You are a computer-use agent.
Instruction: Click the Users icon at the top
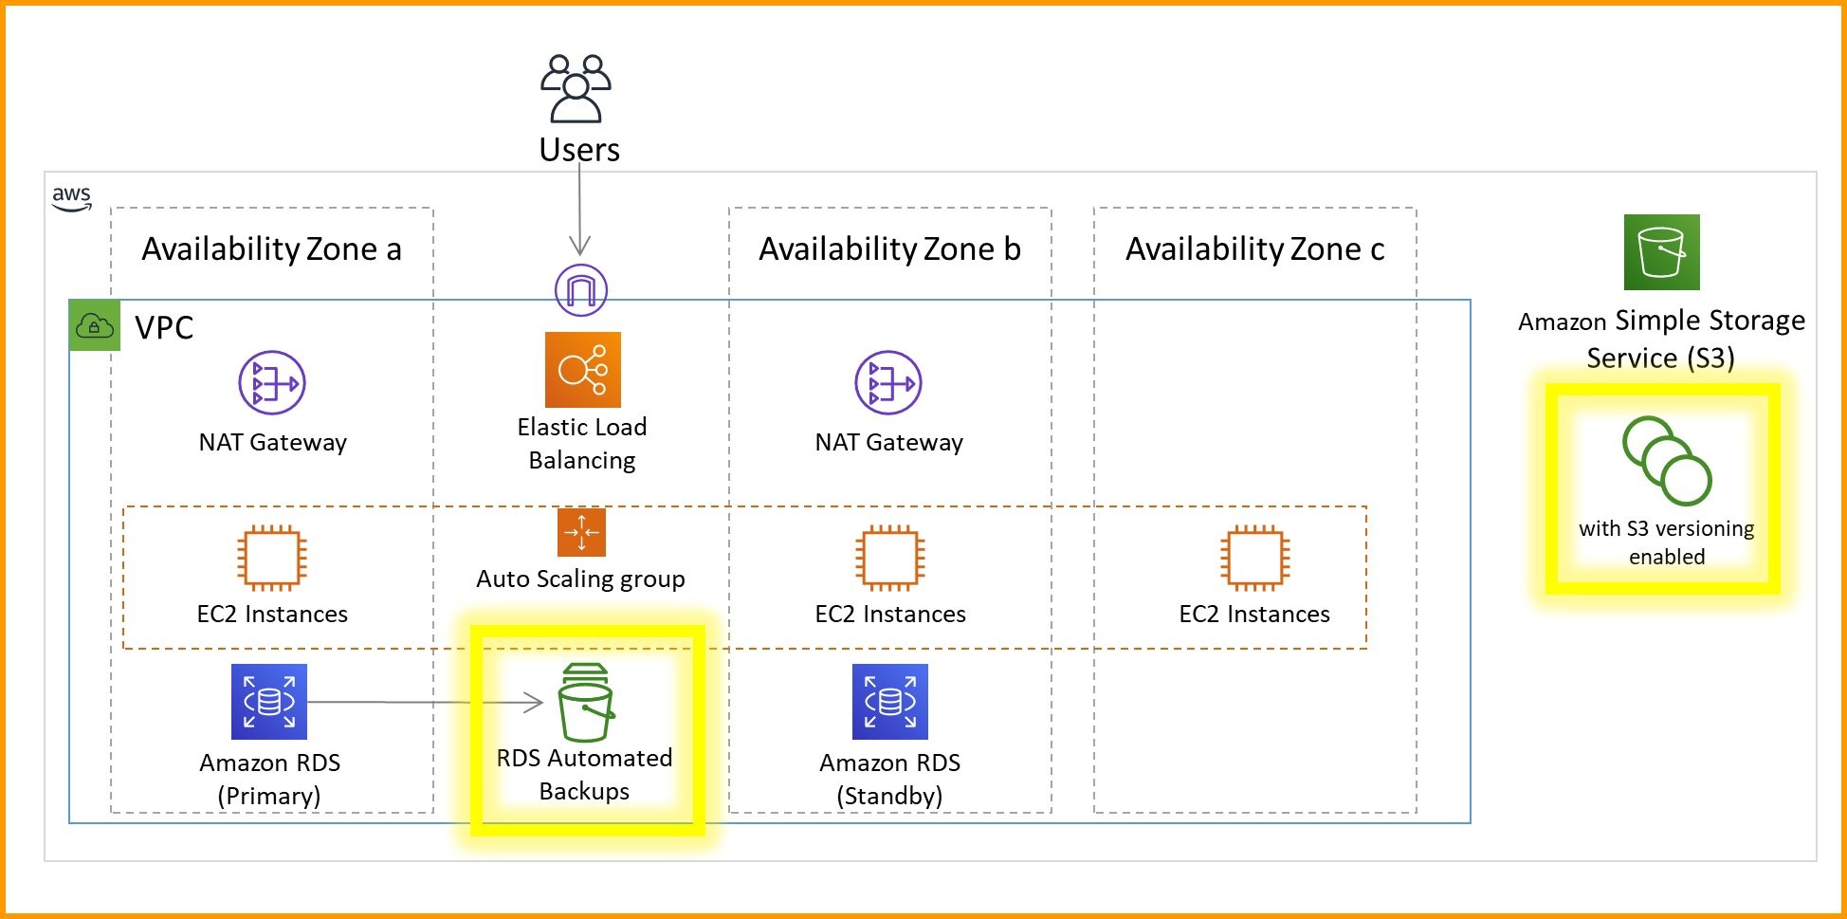pyautogui.click(x=576, y=88)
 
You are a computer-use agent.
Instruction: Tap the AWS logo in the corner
pyautogui.click(x=71, y=198)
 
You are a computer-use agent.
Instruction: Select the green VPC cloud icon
pyautogui.click(x=95, y=326)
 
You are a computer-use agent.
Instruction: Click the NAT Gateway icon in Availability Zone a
pyautogui.click(x=272, y=383)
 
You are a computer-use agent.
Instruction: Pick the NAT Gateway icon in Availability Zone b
pyautogui.click(x=888, y=383)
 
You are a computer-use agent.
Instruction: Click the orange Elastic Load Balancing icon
pyautogui.click(x=582, y=370)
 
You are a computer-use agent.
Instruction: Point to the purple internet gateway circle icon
pyautogui.click(x=580, y=289)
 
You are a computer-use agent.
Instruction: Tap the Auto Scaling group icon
pyautogui.click(x=581, y=532)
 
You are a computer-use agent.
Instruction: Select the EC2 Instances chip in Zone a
pyautogui.click(x=272, y=558)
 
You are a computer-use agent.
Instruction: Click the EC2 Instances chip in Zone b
pyautogui.click(x=889, y=558)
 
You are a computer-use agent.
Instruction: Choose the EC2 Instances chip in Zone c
pyautogui.click(x=1254, y=558)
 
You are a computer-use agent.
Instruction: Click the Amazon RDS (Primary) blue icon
pyautogui.click(x=269, y=702)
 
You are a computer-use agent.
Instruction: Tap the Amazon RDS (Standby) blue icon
pyautogui.click(x=889, y=702)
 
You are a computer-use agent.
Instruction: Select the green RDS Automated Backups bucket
pyautogui.click(x=586, y=703)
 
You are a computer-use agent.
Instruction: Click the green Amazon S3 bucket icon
pyautogui.click(x=1661, y=252)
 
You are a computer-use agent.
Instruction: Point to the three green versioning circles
pyautogui.click(x=1666, y=461)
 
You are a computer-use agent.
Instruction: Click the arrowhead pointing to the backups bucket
pyautogui.click(x=534, y=703)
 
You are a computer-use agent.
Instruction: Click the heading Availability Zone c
pyautogui.click(x=1254, y=249)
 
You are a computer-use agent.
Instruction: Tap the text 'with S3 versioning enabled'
pyautogui.click(x=1666, y=542)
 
